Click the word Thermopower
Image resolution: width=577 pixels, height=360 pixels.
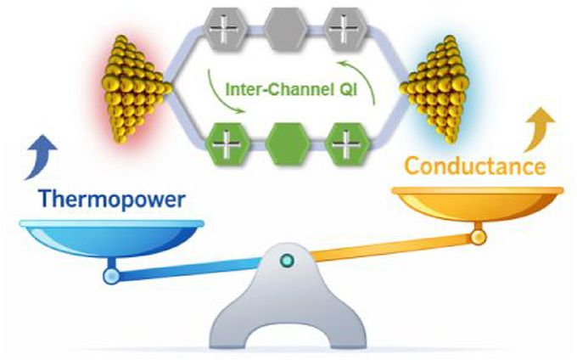tap(113, 200)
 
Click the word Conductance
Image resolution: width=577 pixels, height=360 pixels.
tap(475, 166)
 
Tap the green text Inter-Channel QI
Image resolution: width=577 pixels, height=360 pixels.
tap(291, 89)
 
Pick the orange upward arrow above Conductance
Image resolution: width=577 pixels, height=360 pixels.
tap(538, 129)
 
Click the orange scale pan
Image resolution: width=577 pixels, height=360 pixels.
tap(477, 203)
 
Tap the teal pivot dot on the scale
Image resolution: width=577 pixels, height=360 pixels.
tap(287, 261)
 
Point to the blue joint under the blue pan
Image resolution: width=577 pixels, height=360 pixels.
tap(111, 276)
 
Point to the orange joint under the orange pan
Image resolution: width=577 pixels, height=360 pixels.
tap(479, 237)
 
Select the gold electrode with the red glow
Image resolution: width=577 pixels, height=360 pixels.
tap(134, 88)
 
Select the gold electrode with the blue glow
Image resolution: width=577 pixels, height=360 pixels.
tap(435, 88)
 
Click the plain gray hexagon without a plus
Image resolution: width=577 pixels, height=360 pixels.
tap(286, 29)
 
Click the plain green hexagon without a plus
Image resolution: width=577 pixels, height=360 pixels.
tap(288, 144)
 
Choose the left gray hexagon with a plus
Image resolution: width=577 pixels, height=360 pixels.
tap(226, 29)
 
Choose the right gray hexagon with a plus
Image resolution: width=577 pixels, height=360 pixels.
tap(345, 29)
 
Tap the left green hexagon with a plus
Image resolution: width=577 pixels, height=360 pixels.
tap(227, 144)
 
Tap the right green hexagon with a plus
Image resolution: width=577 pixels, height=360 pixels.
tap(347, 144)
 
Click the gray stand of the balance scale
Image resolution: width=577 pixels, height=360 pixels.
tap(288, 298)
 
